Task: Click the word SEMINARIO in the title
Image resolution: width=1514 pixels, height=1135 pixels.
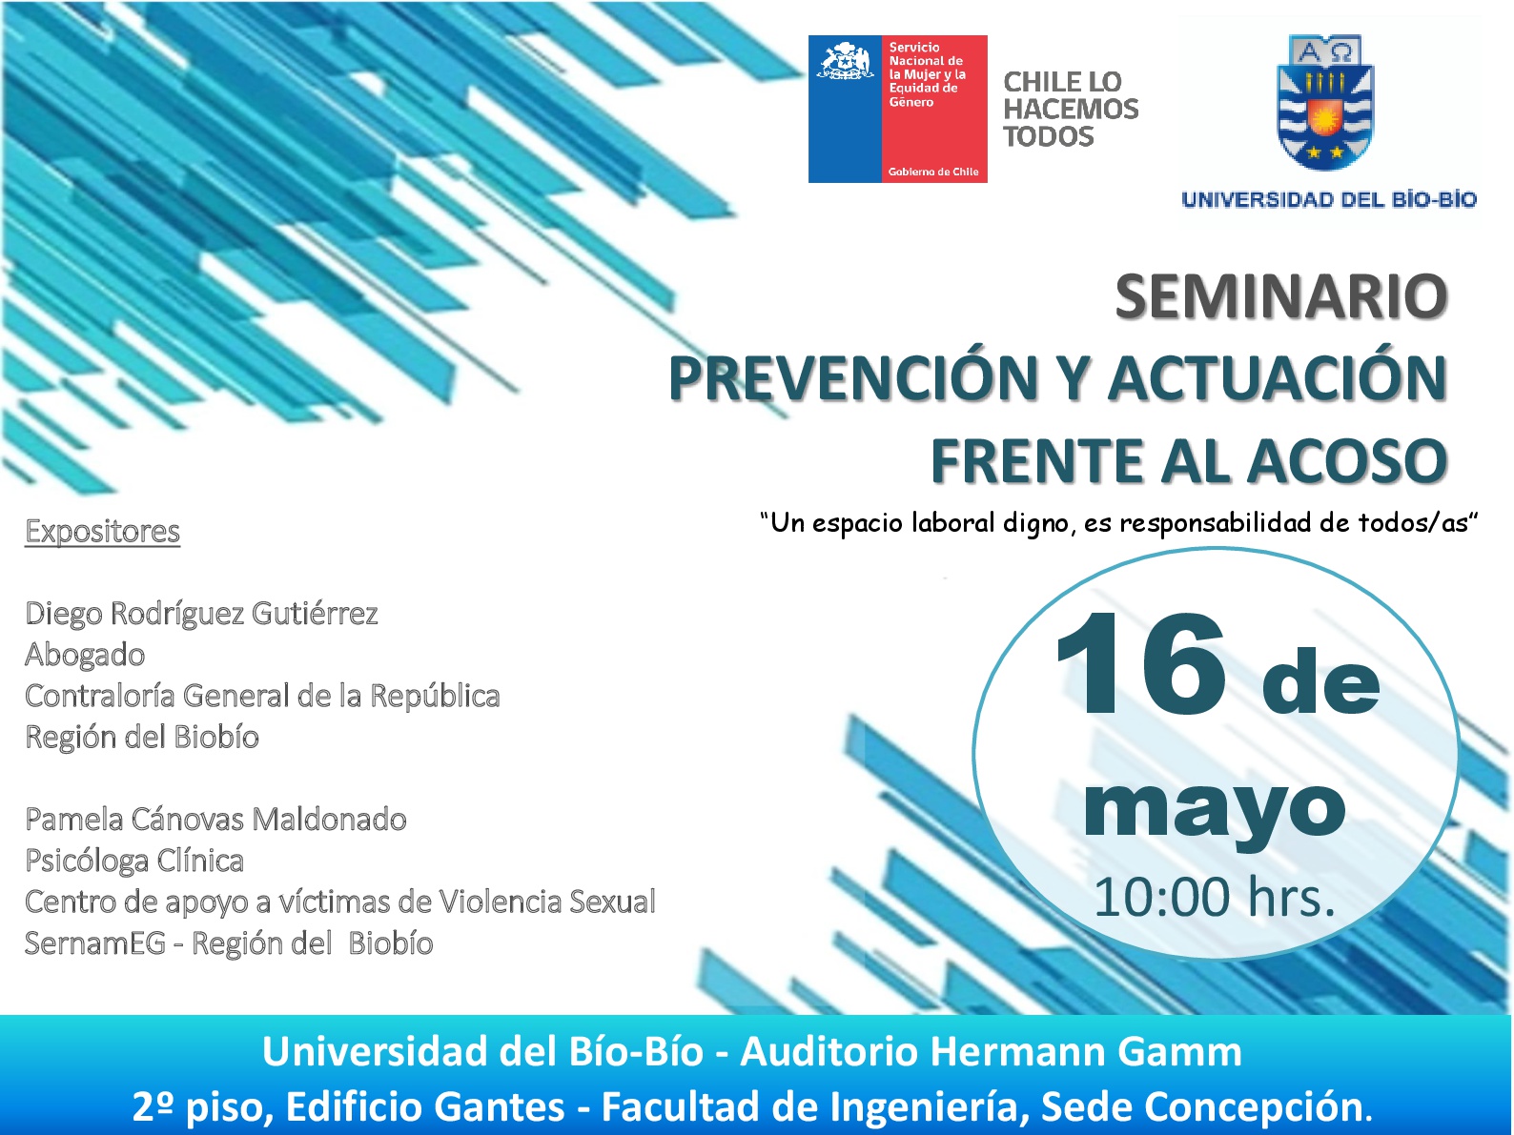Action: coord(1280,296)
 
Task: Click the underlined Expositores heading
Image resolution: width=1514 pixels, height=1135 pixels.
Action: coord(102,532)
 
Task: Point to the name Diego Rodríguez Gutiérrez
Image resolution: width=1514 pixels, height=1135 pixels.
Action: coord(201,614)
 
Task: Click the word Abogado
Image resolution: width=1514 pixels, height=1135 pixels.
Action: coord(85,655)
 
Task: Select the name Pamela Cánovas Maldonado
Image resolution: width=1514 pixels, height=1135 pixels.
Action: coord(215,820)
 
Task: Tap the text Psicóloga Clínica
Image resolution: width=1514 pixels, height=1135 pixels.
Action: coord(134,861)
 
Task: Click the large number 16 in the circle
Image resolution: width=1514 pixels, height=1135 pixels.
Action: coord(1140,664)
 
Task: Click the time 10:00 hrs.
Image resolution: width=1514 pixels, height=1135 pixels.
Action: coord(1215,897)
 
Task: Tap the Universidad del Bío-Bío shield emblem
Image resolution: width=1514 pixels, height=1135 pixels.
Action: coord(1325,103)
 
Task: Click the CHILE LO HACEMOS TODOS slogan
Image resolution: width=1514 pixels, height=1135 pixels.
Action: coord(1071,109)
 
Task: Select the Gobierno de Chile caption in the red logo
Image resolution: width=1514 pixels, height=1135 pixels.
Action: coord(933,172)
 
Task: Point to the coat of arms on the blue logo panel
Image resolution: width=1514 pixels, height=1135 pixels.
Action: coord(844,61)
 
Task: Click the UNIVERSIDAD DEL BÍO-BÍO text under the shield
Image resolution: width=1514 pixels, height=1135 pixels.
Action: coord(1328,200)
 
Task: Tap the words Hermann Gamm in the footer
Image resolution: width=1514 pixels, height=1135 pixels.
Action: coord(1086,1052)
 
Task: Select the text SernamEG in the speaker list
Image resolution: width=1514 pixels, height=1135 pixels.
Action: coord(95,943)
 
